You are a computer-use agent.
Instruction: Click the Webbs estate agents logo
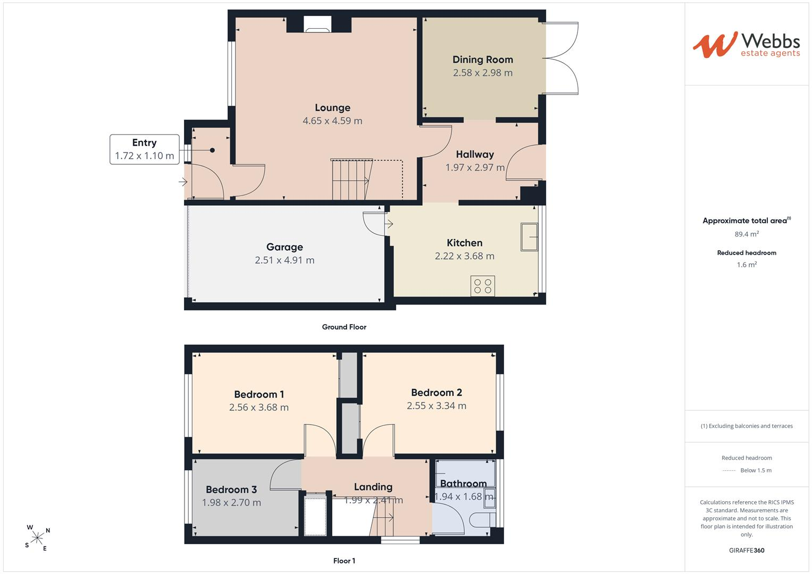746,45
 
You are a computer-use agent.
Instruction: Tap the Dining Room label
482,60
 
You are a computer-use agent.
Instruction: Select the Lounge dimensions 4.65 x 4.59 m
332,121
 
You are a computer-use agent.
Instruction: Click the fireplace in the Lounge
317,24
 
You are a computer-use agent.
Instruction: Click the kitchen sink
529,237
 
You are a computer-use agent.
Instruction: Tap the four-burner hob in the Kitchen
483,286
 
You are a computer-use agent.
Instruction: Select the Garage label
284,247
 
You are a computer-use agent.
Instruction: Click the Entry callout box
145,149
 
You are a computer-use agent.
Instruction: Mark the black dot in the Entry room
212,150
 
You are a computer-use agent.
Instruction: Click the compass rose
37,538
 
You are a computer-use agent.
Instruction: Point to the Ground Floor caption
344,327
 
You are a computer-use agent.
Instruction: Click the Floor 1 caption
344,561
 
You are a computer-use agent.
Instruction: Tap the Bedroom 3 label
231,489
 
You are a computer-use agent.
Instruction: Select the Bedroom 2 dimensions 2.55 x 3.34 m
437,406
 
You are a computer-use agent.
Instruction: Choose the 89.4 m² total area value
747,234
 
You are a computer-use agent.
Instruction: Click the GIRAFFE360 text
747,550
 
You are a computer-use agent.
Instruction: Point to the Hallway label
475,155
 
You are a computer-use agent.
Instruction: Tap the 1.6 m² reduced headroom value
747,265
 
